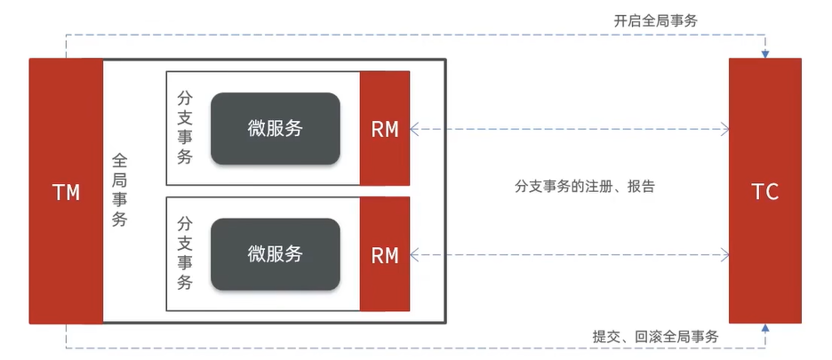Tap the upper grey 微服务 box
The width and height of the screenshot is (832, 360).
click(x=276, y=128)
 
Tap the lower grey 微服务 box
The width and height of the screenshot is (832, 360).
click(x=276, y=254)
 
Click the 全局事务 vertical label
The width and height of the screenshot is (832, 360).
click(x=120, y=190)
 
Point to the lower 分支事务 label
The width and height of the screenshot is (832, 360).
click(x=185, y=253)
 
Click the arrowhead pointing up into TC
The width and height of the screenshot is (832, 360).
click(x=764, y=329)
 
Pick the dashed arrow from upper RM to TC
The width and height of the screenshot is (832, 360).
click(x=569, y=129)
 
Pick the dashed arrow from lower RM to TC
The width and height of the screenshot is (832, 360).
click(x=569, y=255)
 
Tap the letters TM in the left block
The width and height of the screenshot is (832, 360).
click(x=66, y=192)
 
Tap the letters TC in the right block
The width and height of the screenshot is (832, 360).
click(x=764, y=192)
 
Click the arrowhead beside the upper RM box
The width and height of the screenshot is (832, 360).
click(x=415, y=129)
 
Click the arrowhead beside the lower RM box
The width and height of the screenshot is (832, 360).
click(x=415, y=255)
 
